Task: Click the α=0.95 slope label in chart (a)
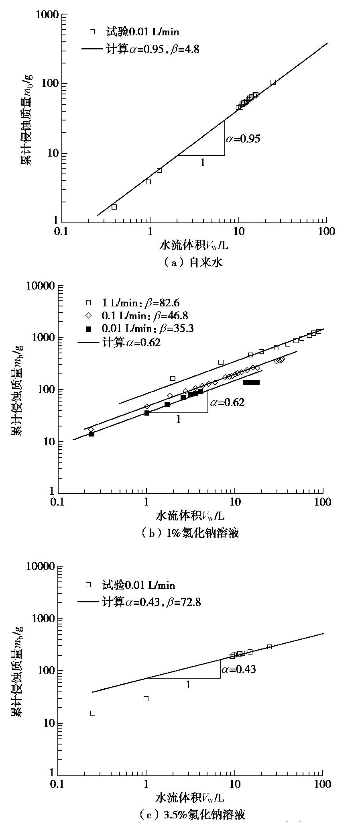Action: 243,139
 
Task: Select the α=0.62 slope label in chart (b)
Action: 227,402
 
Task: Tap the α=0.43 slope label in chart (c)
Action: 238,669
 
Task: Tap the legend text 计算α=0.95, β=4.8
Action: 153,49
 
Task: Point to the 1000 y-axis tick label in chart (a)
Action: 47,15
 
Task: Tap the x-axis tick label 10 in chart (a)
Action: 238,231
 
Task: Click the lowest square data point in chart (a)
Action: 114,207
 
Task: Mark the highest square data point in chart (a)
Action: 273,82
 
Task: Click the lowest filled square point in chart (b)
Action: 92,434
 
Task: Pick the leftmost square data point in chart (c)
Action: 93,713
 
